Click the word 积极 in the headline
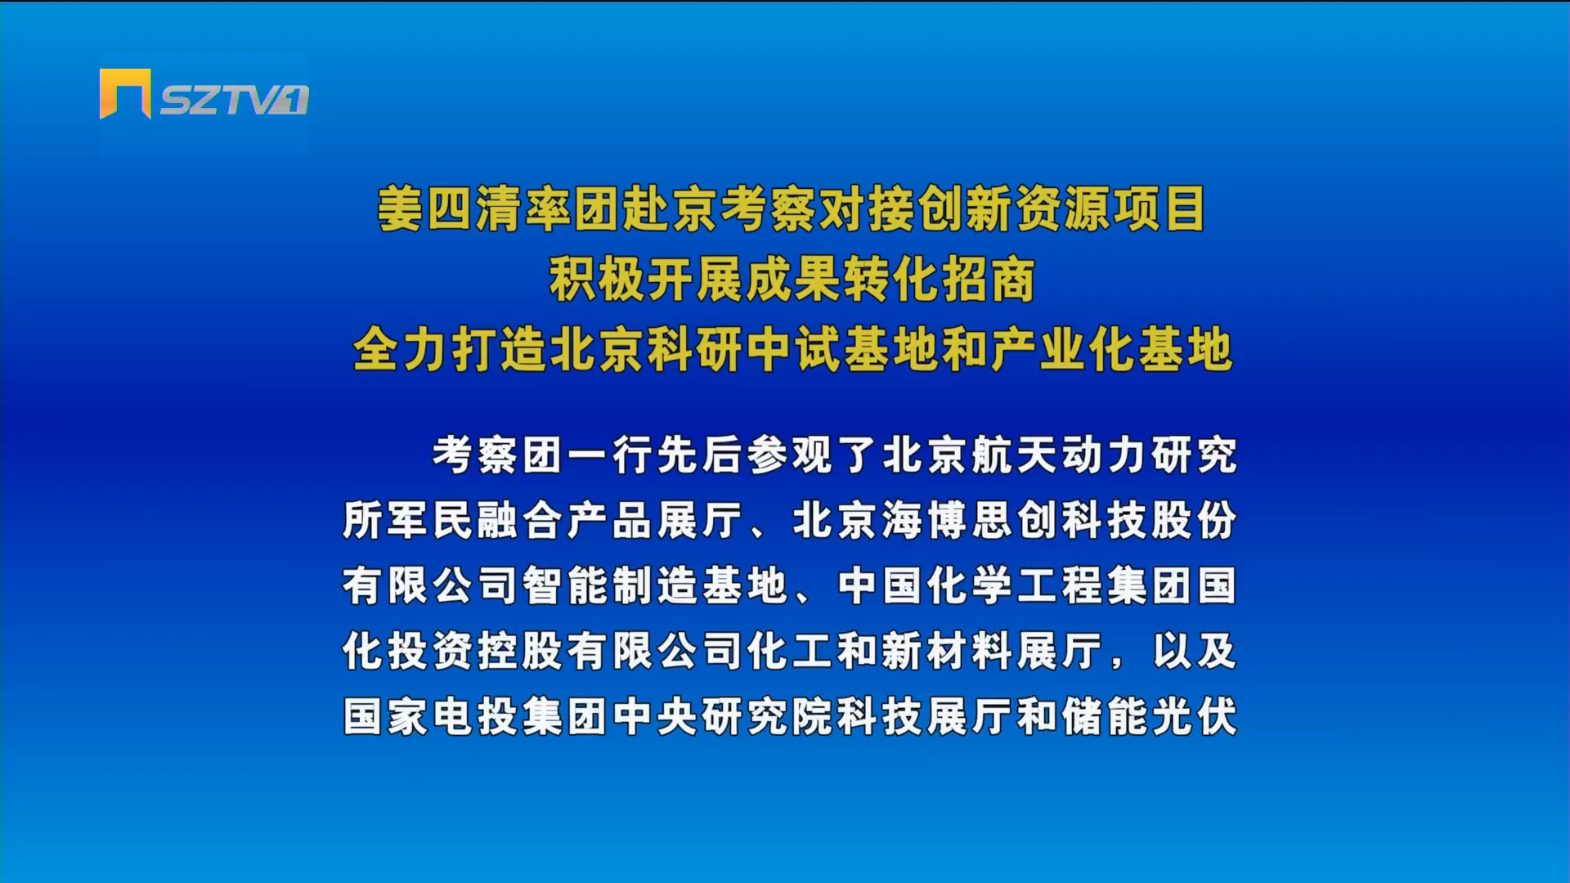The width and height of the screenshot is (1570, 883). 597,280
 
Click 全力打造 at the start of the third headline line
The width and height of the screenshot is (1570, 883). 449,349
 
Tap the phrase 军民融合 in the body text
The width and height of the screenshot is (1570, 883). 475,520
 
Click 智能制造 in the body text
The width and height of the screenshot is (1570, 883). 610,585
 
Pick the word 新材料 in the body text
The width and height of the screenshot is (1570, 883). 948,651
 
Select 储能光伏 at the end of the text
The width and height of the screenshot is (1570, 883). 1150,716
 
